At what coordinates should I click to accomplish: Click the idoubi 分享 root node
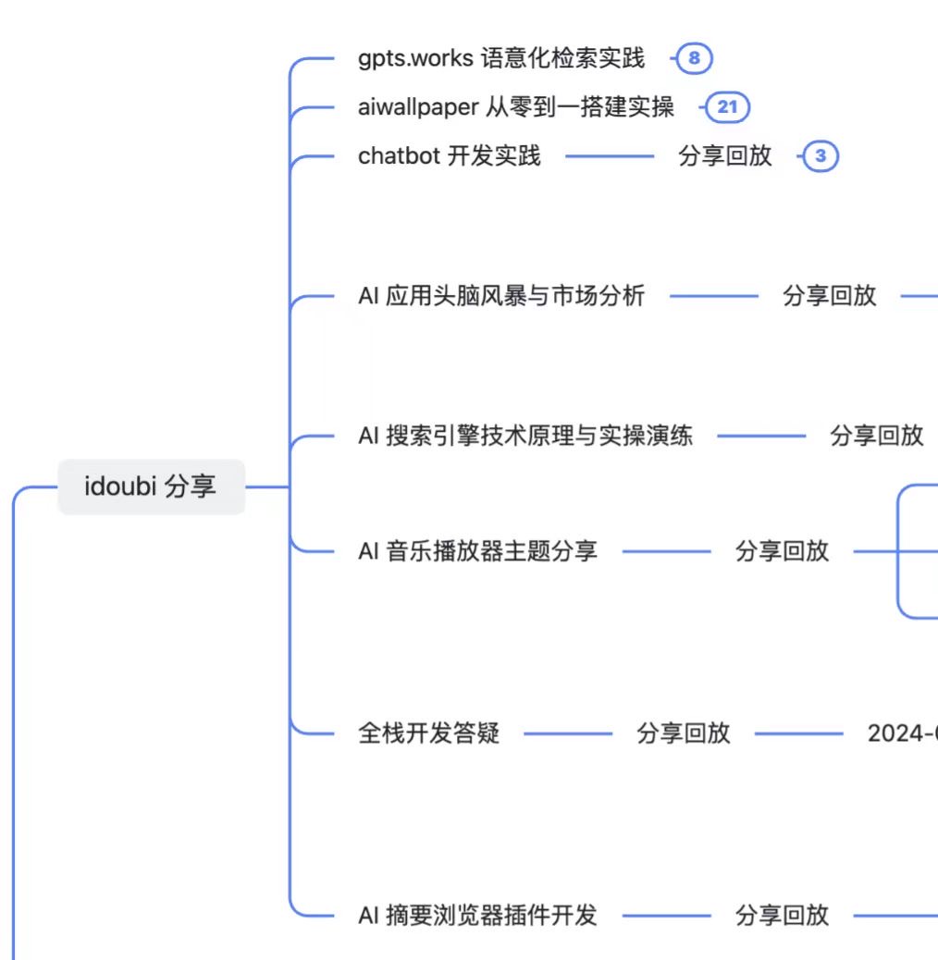pos(151,486)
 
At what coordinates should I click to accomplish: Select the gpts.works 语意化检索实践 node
pos(500,59)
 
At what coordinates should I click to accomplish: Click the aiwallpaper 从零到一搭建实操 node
pos(516,107)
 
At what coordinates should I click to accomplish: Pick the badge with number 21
pos(728,107)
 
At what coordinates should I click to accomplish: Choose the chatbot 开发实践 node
pos(449,155)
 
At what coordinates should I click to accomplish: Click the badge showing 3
pos(820,156)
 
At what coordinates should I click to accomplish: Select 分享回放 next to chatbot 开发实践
pos(725,155)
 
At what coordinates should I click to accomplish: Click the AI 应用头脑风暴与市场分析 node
pos(501,297)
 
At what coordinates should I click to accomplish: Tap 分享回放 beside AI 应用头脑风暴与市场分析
pos(829,297)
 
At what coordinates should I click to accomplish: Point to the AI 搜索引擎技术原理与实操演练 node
pos(525,436)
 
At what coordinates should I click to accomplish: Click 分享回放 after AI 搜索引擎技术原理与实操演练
pos(876,436)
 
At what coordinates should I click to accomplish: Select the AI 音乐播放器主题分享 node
pos(477,551)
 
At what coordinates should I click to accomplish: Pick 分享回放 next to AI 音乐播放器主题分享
pos(782,551)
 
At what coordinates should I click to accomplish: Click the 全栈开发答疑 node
pos(428,733)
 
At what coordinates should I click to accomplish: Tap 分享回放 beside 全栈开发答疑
pos(683,733)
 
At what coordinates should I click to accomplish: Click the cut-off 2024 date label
pos(903,733)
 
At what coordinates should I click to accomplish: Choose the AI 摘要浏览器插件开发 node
pos(477,916)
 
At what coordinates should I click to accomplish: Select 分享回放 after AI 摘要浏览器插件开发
pos(782,916)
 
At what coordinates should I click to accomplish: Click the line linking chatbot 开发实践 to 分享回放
pos(609,156)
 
